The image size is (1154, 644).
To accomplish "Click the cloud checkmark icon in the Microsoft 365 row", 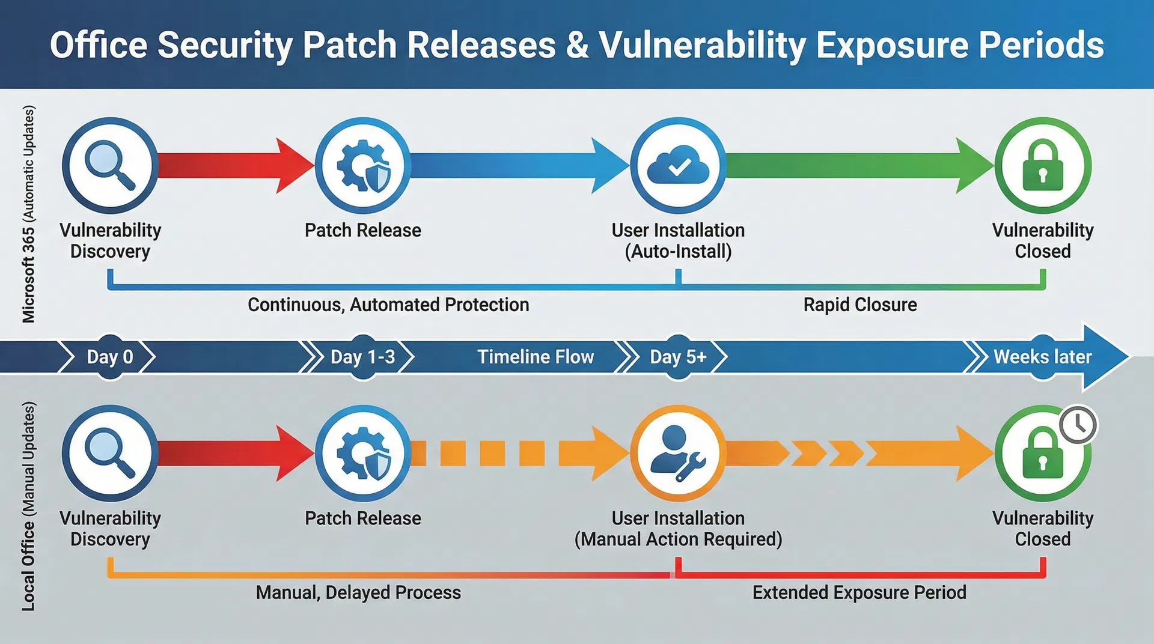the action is (678, 165).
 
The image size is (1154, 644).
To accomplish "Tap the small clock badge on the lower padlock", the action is (1078, 424).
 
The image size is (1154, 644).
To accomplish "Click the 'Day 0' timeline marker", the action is (110, 357).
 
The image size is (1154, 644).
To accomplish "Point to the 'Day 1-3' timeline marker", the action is (363, 357).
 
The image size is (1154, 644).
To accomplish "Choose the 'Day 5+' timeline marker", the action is (678, 357).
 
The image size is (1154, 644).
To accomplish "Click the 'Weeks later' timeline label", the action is (1043, 357).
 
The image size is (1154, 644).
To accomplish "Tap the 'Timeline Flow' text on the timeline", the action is (536, 357).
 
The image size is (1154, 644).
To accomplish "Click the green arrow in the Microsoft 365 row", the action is (859, 165).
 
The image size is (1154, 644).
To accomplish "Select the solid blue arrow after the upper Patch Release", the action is (520, 165).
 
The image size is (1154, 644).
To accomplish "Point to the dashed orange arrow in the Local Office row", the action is (520, 453).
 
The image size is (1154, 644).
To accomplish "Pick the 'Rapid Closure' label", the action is (860, 305).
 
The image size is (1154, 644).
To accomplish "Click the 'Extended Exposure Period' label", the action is (859, 592).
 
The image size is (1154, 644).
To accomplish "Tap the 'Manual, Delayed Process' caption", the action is (358, 592).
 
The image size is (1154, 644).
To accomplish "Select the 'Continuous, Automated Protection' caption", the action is (388, 305).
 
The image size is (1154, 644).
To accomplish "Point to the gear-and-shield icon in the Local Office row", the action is (363, 453).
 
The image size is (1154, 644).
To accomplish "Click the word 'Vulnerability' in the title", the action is (701, 46).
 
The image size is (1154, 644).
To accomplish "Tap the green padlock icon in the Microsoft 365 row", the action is (1043, 165).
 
